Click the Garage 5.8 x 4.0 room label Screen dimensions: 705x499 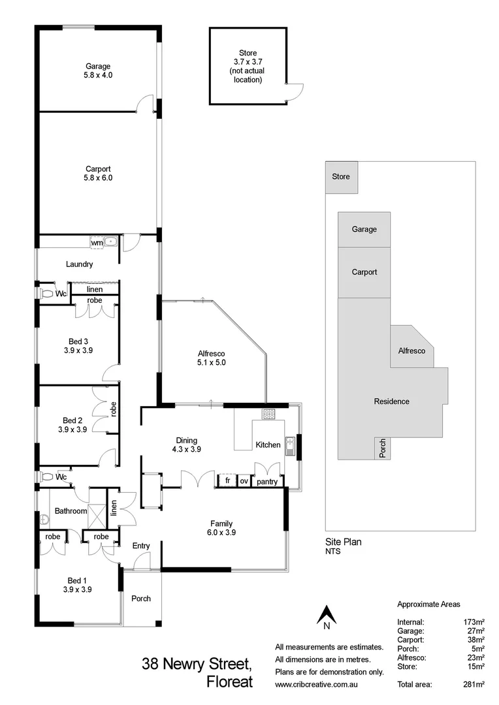[97, 70]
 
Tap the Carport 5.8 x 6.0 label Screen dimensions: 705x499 [97, 173]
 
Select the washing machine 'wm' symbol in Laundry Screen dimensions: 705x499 [97, 242]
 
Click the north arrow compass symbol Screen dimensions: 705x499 [326, 616]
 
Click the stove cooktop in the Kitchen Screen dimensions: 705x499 [268, 413]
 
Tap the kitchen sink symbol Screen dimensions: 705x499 [291, 445]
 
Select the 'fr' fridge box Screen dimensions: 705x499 [227, 481]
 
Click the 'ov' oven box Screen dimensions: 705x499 [244, 481]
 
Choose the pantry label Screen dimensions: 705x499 [268, 482]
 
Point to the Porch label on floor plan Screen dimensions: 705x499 [141, 599]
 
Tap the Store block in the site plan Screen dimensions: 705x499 [341, 177]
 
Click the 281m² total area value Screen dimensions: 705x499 [473, 684]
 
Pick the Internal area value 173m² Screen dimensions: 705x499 [474, 622]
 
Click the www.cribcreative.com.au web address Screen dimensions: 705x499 [319, 685]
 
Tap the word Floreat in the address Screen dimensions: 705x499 [229, 683]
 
